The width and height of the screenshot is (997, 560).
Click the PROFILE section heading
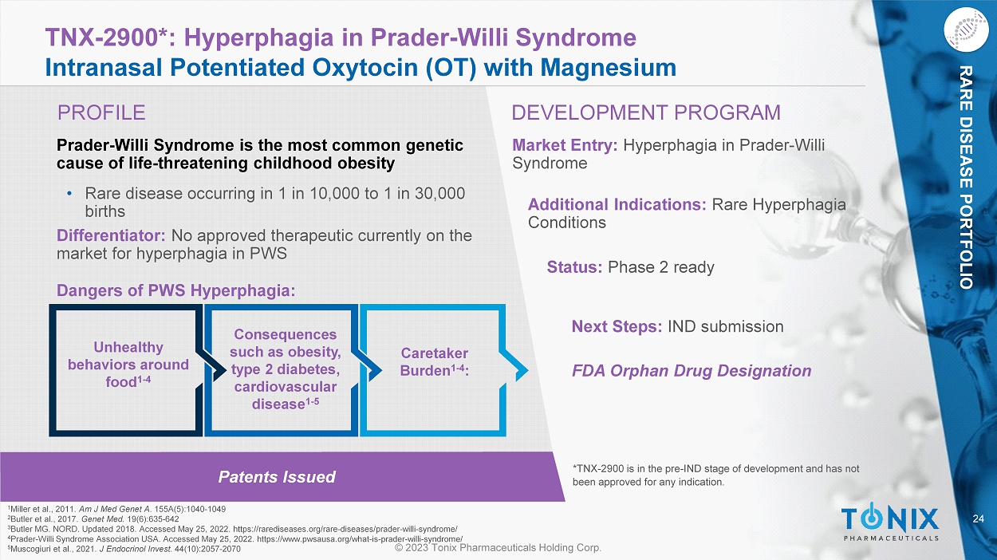(101, 112)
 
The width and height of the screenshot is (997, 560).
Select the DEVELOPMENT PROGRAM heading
(646, 112)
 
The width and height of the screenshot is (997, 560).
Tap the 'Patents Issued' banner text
(277, 477)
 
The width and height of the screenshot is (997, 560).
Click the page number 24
(979, 519)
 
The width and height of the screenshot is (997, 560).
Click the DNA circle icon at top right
(966, 30)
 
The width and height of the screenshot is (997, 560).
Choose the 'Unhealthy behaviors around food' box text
(128, 365)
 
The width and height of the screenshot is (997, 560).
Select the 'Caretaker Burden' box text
(435, 362)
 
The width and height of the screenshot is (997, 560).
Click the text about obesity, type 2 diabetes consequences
(286, 369)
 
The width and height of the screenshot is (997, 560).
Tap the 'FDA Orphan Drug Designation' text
(692, 371)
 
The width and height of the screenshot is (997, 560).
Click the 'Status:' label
(574, 267)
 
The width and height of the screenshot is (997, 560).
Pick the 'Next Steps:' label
(617, 326)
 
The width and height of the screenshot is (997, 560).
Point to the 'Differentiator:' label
(111, 235)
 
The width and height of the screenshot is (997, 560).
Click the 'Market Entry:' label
(565, 145)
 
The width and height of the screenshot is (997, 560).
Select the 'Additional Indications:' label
(617, 205)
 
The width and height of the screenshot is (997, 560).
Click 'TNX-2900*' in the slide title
(106, 37)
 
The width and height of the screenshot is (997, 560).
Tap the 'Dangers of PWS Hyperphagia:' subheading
(175, 290)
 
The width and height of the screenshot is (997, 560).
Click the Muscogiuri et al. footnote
(124, 549)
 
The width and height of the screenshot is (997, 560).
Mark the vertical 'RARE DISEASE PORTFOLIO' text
(965, 177)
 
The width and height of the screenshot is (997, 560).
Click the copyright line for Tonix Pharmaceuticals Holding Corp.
(498, 547)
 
